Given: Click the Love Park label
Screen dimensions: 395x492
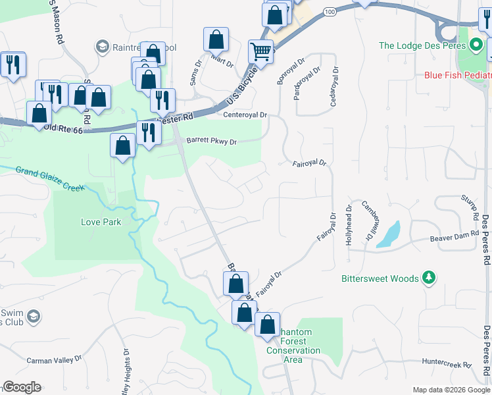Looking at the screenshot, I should point(101,222).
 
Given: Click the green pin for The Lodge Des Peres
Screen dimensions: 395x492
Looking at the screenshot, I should point(476,45).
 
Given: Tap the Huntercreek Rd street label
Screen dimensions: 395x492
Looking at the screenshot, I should point(447,363).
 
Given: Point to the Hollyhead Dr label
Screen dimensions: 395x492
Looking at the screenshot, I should point(349,224).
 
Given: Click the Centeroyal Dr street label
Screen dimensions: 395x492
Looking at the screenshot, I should point(245,115).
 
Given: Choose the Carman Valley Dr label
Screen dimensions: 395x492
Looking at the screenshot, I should point(53,360).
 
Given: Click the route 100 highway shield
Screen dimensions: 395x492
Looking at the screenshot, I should point(330,12).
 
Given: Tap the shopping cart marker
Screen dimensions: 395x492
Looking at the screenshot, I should point(261,51).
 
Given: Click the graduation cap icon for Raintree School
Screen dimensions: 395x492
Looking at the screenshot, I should point(102,47).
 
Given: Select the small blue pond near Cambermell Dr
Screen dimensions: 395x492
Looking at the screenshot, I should point(389,234).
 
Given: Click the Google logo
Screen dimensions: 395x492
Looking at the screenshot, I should point(22,387).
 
